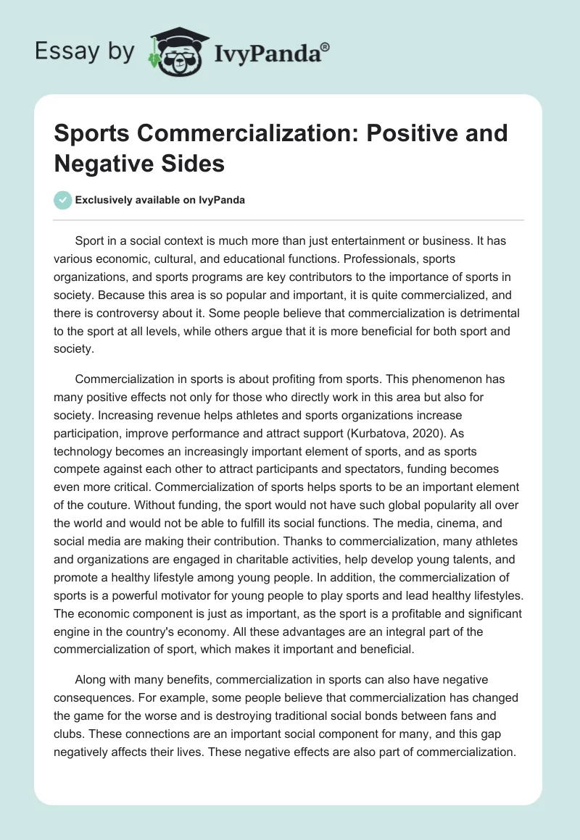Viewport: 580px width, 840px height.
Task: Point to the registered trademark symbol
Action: [x=326, y=48]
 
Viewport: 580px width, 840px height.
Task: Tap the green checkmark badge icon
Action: [x=63, y=199]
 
